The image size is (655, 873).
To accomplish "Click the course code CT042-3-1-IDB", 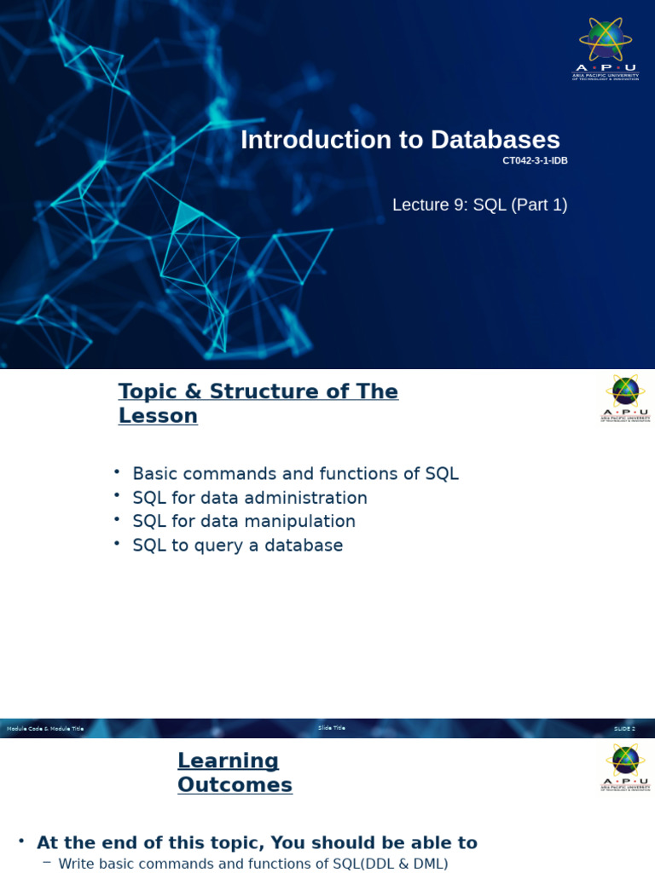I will [535, 161].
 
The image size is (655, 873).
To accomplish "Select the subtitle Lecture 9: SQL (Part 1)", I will [479, 205].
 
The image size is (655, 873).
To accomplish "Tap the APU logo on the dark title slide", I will [606, 49].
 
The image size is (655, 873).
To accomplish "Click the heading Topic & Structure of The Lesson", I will [258, 403].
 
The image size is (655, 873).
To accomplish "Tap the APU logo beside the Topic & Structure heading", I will [625, 398].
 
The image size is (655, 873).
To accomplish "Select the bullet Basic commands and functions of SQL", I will [295, 474].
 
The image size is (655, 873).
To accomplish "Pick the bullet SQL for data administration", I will [250, 498].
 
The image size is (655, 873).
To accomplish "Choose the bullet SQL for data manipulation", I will [244, 521].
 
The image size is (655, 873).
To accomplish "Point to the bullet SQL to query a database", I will [237, 546].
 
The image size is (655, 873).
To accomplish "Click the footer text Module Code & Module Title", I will [45, 729].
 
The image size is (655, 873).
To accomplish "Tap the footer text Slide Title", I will [332, 728].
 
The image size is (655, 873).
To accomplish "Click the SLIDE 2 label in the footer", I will [624, 729].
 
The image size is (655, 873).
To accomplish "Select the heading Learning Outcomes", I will [235, 772].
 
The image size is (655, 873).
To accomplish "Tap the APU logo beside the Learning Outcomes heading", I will [625, 766].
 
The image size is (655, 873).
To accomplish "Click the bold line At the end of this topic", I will [257, 843].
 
